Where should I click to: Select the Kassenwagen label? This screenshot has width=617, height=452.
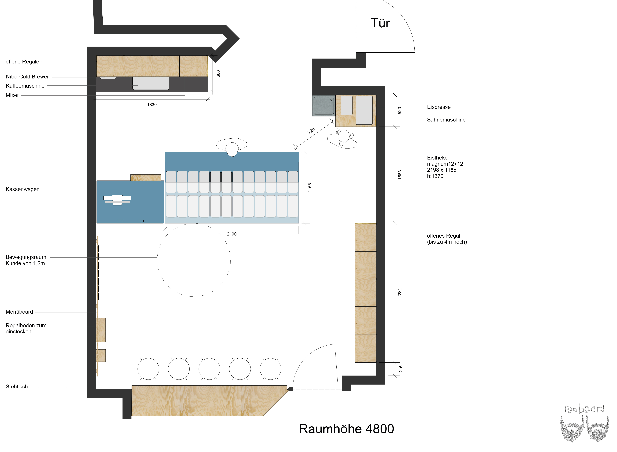[x=23, y=189]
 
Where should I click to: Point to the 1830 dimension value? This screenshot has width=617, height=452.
[x=152, y=105]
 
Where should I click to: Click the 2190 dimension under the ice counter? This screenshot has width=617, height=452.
[x=232, y=234]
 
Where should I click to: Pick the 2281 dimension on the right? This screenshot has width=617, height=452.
[x=400, y=293]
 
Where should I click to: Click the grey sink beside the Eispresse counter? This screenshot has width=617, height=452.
[x=324, y=106]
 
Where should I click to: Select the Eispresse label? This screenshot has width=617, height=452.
[x=438, y=107]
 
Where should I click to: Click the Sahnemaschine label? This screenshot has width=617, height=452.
[x=446, y=120]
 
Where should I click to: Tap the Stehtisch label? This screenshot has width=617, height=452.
[x=17, y=387]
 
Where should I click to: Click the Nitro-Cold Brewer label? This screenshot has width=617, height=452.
[x=27, y=77]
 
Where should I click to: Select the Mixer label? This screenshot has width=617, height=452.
[x=12, y=95]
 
